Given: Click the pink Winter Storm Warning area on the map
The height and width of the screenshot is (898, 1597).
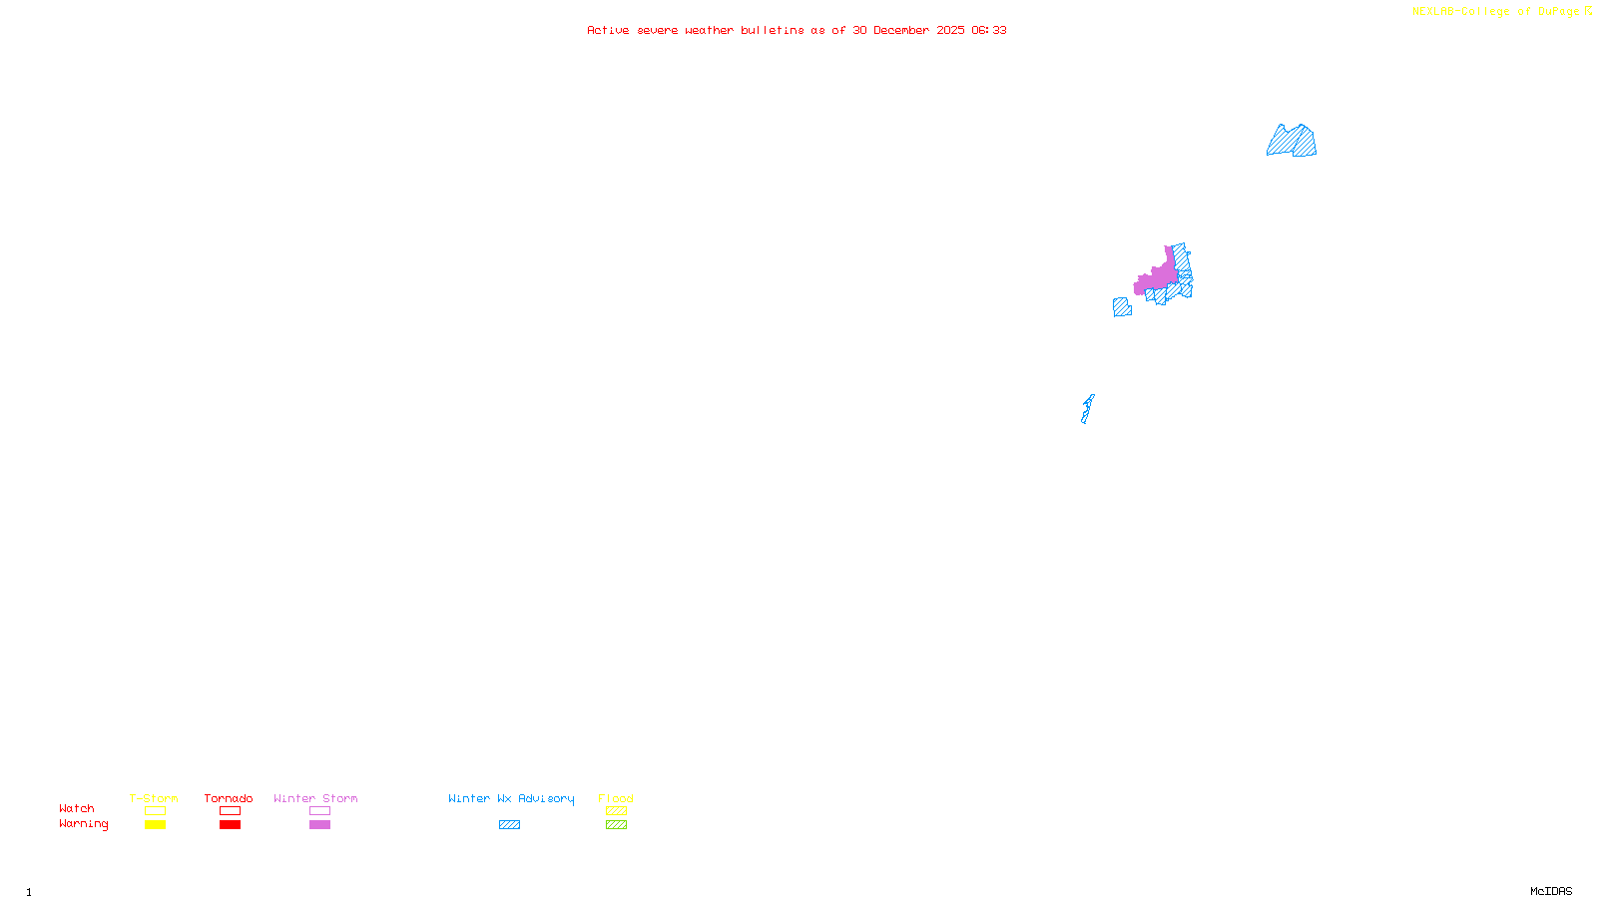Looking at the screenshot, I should [1159, 276].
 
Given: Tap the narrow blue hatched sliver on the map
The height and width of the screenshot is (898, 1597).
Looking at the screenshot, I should [1087, 409].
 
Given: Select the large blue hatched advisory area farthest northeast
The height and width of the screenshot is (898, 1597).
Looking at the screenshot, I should [1292, 142].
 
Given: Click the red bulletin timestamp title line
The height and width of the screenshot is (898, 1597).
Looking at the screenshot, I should [797, 31].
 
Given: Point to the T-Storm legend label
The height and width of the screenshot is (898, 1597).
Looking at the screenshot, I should [154, 798].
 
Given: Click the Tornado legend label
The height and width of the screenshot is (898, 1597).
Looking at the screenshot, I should [229, 798].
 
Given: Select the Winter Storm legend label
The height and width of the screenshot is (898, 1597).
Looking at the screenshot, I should [315, 798].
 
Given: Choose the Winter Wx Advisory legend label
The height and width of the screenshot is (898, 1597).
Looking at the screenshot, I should [511, 798].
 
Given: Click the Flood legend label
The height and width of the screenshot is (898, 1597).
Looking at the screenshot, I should [616, 798].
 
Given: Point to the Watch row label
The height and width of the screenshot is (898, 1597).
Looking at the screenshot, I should [77, 808].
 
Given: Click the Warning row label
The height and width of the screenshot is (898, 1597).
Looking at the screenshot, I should [83, 824].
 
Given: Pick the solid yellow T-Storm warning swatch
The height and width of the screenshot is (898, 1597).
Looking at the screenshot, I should [155, 825].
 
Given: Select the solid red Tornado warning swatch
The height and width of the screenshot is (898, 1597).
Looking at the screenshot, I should [230, 825].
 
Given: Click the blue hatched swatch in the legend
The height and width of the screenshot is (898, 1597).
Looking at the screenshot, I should [509, 825].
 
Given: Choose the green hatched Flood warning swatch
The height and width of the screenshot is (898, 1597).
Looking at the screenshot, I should [616, 825].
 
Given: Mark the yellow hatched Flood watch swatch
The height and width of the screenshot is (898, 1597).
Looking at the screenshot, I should [616, 811].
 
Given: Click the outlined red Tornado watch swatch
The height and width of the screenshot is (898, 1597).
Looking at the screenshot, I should [230, 811].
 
